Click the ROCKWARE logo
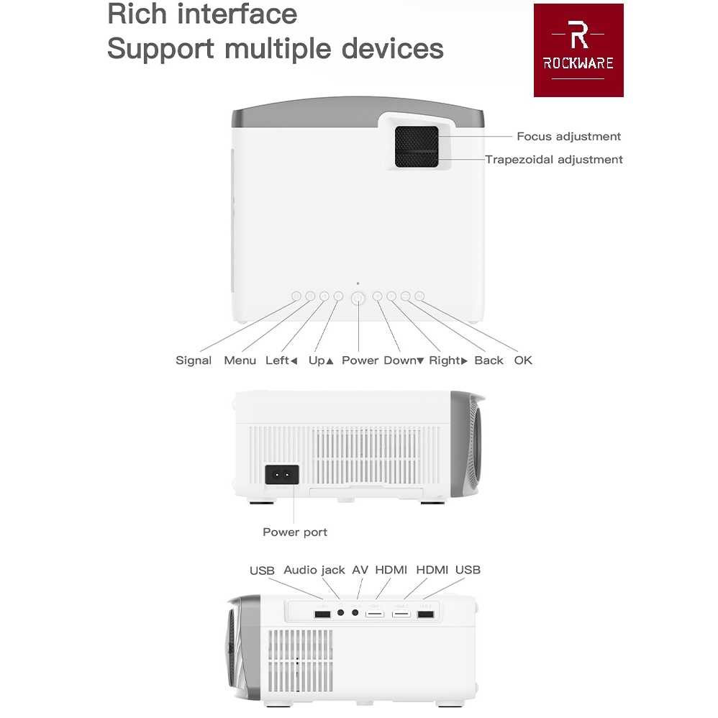[578, 50]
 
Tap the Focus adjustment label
[568, 136]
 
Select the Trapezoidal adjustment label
[553, 159]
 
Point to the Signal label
[194, 360]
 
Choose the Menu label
[240, 360]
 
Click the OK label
[523, 360]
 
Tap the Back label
[488, 360]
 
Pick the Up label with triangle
[321, 360]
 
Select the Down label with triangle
[404, 360]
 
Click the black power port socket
[281, 474]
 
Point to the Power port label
[294, 532]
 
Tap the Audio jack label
[314, 570]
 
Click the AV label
[360, 570]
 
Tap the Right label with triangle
[448, 360]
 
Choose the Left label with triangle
[281, 360]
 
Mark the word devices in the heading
[392, 48]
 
